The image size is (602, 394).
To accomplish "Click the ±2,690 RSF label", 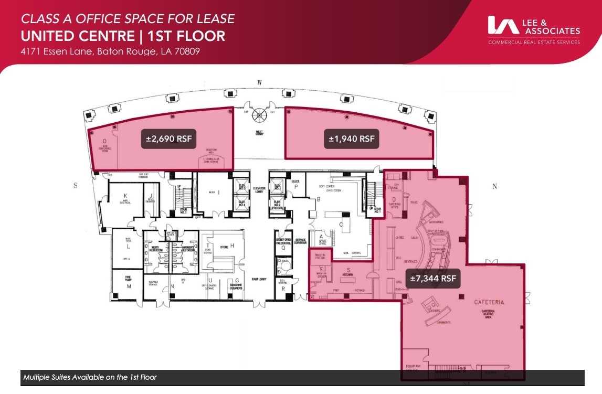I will coord(169,139).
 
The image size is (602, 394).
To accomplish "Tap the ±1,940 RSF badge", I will coord(352,139).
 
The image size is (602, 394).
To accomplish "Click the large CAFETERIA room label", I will coord(489,302).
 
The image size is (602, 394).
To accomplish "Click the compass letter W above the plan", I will coord(259,82).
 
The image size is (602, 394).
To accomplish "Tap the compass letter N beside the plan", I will coord(494,186).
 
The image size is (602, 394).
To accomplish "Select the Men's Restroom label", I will coord(156,248).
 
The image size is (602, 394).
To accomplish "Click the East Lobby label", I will coord(259,279).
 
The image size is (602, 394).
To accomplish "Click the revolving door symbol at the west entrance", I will coord(259,116).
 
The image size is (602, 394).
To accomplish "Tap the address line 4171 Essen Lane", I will coord(110,51).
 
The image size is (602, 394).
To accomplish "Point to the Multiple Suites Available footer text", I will coord(90,377).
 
